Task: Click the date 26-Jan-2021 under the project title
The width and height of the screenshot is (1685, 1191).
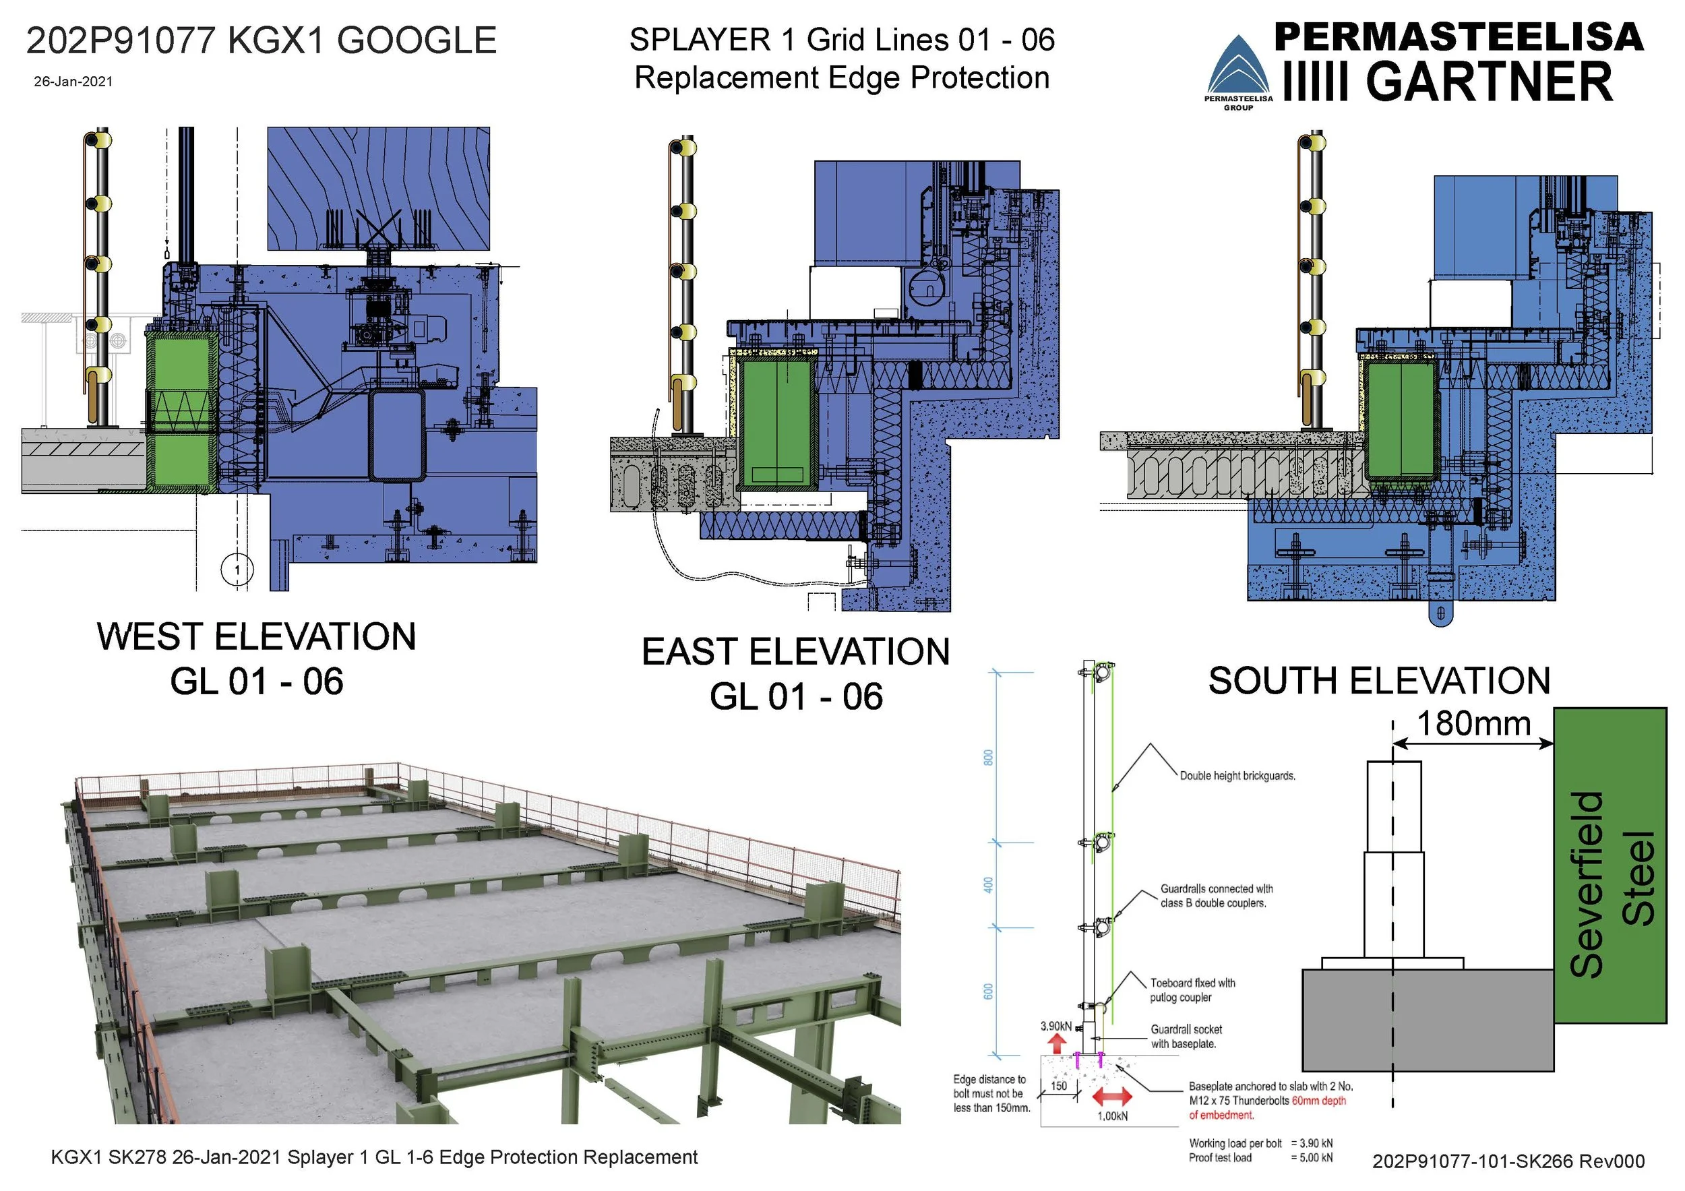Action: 73,82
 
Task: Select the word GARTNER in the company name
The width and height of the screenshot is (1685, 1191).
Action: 1489,82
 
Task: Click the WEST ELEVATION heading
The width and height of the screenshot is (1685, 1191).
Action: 256,636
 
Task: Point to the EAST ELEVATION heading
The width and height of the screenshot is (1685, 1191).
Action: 795,652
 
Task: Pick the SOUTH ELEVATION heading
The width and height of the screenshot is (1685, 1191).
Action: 1379,680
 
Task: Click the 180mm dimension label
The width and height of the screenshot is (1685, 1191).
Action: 1473,723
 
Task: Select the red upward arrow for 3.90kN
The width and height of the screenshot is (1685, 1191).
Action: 1056,1043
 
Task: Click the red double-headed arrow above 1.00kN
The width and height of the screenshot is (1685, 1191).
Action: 1112,1097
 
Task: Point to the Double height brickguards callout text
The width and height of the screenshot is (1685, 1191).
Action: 1237,776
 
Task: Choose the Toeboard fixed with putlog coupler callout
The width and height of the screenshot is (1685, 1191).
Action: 1192,990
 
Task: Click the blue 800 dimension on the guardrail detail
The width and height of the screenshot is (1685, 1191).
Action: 989,758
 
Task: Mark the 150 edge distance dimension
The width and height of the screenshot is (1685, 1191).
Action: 1059,1086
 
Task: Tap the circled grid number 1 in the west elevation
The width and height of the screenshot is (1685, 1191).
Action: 237,570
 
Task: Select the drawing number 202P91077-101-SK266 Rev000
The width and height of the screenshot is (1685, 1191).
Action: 1508,1161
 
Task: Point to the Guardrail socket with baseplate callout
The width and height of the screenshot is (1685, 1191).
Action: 1186,1036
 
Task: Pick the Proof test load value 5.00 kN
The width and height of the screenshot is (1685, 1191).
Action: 1312,1157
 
